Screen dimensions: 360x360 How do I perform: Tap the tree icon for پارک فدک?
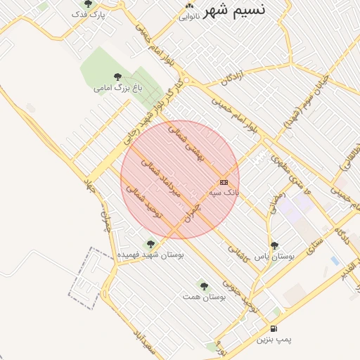click(x=87, y=4)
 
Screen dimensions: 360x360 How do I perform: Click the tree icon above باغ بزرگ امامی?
click(x=117, y=77)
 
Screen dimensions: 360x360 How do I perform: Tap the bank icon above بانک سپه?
click(x=224, y=182)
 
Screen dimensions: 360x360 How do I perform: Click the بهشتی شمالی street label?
click(x=185, y=145)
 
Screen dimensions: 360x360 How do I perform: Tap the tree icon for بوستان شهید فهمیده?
click(x=150, y=244)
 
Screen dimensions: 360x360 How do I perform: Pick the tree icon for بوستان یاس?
click(x=274, y=245)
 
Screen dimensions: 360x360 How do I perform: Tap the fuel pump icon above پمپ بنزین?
click(x=273, y=328)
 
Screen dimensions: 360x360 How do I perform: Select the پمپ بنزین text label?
click(x=273, y=340)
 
